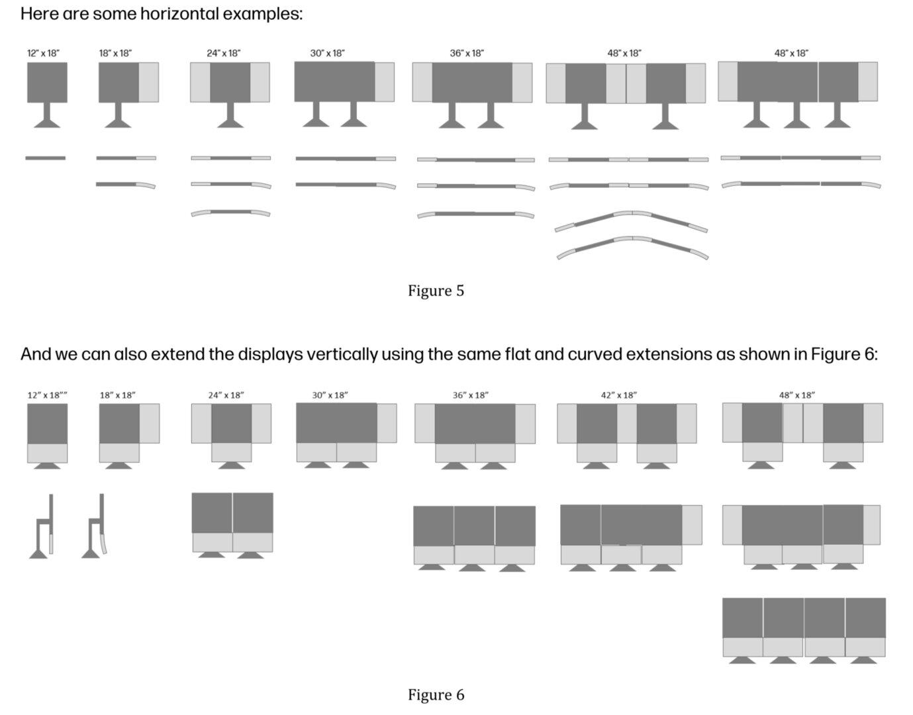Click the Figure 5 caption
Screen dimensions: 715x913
[x=436, y=291]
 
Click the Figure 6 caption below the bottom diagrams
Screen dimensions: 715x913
[x=436, y=694]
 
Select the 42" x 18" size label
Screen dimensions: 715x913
[x=618, y=395]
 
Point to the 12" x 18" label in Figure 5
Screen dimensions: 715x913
[x=43, y=53]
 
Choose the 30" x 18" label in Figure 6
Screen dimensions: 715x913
[x=330, y=395]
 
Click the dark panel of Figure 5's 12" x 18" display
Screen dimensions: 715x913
[x=47, y=82]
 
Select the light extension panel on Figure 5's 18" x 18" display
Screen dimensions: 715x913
[x=149, y=82]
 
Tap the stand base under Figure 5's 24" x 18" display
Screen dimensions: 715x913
[x=230, y=122]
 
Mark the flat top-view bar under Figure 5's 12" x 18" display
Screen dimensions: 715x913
[x=45, y=158]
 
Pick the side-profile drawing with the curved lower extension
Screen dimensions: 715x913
[x=95, y=526]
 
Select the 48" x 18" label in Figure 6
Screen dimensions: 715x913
[x=796, y=395]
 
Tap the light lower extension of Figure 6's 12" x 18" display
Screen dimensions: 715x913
[x=47, y=453]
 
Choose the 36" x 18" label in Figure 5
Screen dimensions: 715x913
[x=467, y=53]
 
